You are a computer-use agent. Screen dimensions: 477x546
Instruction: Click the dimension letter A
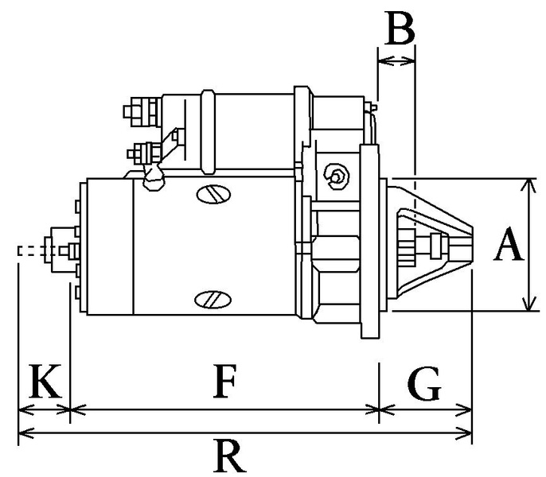(x=508, y=245)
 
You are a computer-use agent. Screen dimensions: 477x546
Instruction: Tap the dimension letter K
(x=45, y=383)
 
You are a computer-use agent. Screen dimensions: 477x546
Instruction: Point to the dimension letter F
(x=226, y=383)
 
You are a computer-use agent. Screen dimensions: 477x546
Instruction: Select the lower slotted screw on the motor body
(x=213, y=299)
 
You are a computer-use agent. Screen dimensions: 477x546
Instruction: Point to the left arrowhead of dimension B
(x=381, y=60)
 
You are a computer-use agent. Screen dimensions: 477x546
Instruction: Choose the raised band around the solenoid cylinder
(x=208, y=131)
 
